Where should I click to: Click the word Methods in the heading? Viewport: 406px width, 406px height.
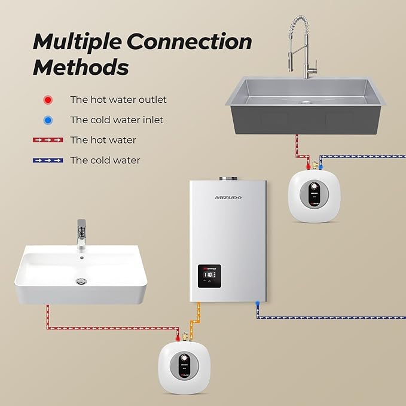click(x=81, y=67)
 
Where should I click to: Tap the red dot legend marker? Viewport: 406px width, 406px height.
click(x=48, y=100)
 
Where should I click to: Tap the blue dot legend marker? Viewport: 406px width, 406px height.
click(x=48, y=120)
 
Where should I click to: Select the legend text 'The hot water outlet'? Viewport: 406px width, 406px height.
click(x=118, y=100)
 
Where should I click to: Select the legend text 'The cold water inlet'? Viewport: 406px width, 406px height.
click(x=117, y=120)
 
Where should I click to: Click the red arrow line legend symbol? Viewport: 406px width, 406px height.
click(x=48, y=140)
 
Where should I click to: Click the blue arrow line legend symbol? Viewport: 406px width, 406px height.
click(x=48, y=160)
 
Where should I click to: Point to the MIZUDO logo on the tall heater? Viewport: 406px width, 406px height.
click(x=228, y=197)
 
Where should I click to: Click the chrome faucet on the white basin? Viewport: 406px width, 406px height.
click(x=82, y=233)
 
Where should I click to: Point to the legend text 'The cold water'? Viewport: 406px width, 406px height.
click(x=105, y=160)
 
